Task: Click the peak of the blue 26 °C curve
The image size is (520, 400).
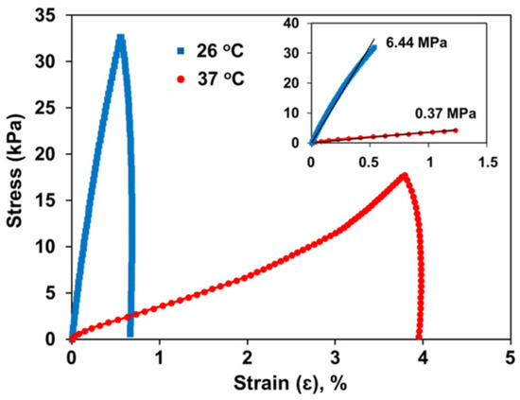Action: click(x=120, y=38)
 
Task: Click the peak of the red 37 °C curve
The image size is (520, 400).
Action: click(x=405, y=175)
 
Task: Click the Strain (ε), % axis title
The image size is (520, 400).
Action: click(x=287, y=384)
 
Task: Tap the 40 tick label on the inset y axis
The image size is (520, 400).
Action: click(x=293, y=21)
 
